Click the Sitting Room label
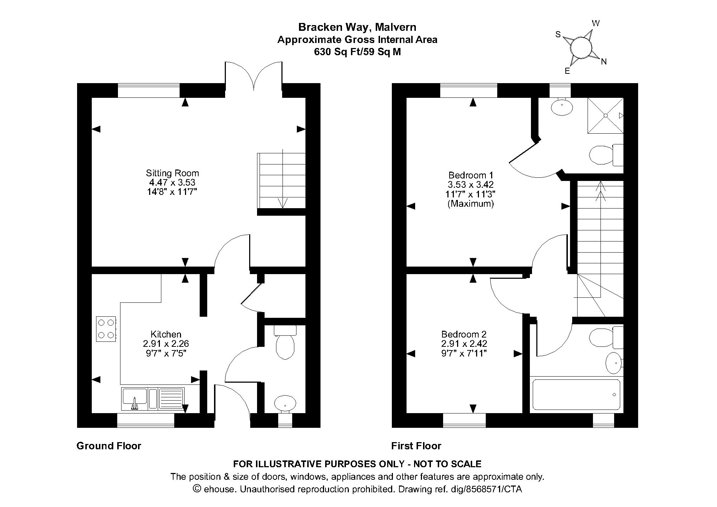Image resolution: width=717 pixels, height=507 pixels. coord(172,173)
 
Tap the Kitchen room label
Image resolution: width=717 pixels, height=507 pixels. coord(166,334)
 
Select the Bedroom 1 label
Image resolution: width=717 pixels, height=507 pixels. coord(471,175)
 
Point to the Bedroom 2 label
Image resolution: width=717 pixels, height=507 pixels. coord(464,334)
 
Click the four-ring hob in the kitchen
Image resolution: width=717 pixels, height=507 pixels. coord(106,329)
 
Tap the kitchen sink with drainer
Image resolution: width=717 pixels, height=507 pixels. coord(153,399)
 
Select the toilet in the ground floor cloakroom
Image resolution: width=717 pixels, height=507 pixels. coord(285,342)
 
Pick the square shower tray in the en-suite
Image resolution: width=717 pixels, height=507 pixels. coord(606,115)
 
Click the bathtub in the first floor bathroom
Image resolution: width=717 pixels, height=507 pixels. coord(576,394)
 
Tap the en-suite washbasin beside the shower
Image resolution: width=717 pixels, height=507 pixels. coord(562,107)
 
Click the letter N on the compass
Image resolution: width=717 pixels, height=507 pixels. coord(604,62)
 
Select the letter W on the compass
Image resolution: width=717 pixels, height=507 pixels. coord(595,24)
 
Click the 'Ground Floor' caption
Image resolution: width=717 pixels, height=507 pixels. coord(109,446)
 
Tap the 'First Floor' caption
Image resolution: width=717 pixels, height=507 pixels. coord(416,446)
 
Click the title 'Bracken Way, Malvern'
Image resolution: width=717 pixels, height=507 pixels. coord(357,27)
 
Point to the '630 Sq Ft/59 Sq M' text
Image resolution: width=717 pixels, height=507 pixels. coord(357,52)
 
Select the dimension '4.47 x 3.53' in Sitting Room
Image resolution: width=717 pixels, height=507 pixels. coord(172,182)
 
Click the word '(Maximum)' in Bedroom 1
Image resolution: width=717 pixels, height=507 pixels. coord(471,204)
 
